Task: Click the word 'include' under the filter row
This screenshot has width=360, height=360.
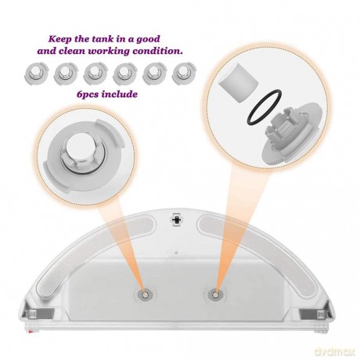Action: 120,94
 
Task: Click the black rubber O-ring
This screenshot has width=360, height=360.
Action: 265,108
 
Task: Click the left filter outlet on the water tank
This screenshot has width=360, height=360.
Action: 146,294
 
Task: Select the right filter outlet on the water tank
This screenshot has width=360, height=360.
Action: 216,294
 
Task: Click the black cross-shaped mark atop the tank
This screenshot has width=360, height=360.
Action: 176,220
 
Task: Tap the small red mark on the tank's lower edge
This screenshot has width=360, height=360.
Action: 31,332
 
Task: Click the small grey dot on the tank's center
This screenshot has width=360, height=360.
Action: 177,253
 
